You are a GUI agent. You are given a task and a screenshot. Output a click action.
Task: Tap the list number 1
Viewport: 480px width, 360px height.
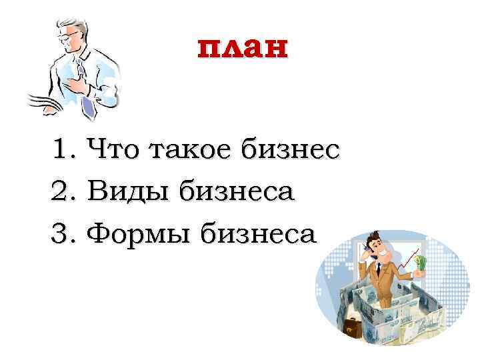(x=62, y=149)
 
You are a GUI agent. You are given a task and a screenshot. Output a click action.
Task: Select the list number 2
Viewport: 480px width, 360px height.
(x=62, y=192)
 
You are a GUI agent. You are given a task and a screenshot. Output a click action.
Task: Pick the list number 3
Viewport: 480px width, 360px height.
(x=62, y=234)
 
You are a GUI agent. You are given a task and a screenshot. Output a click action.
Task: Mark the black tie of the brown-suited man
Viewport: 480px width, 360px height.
(x=377, y=269)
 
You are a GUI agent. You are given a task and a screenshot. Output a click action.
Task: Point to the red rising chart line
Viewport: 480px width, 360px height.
(x=409, y=260)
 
